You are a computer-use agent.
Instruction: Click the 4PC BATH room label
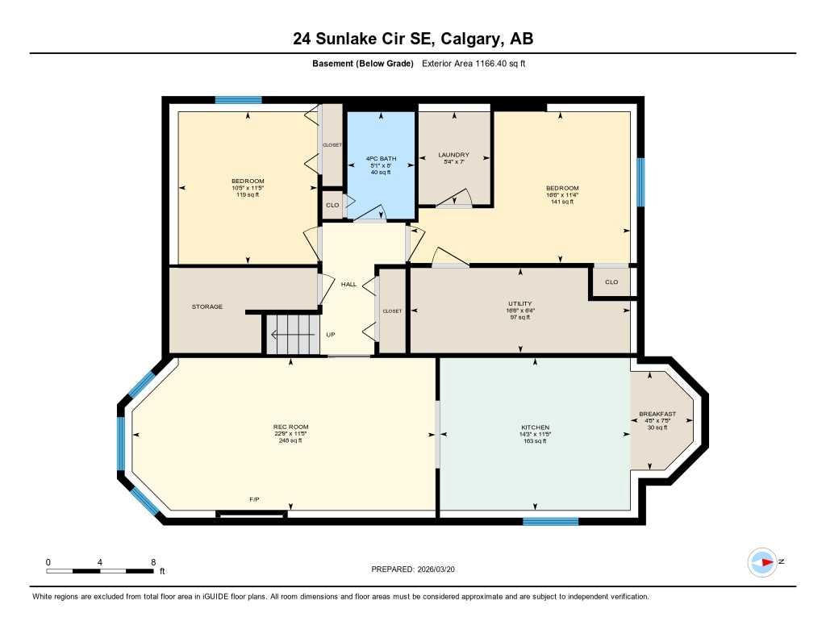click(x=380, y=159)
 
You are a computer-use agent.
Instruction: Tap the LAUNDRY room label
click(x=453, y=155)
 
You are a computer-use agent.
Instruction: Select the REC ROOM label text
click(x=290, y=427)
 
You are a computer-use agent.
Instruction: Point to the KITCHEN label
click(x=535, y=427)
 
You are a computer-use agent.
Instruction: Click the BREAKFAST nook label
click(x=657, y=414)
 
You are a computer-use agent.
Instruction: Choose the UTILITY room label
click(x=519, y=304)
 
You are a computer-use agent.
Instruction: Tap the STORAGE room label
click(x=206, y=306)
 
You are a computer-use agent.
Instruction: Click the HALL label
click(x=348, y=284)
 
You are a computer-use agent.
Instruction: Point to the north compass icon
click(x=762, y=562)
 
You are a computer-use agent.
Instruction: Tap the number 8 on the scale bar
click(x=152, y=561)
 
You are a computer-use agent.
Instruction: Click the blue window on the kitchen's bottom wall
click(x=550, y=521)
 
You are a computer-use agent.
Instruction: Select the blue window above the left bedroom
click(x=238, y=100)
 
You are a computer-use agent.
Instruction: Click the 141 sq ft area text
click(x=561, y=202)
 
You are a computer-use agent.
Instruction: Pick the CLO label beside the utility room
click(x=611, y=282)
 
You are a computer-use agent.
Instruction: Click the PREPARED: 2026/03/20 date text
click(x=418, y=569)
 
